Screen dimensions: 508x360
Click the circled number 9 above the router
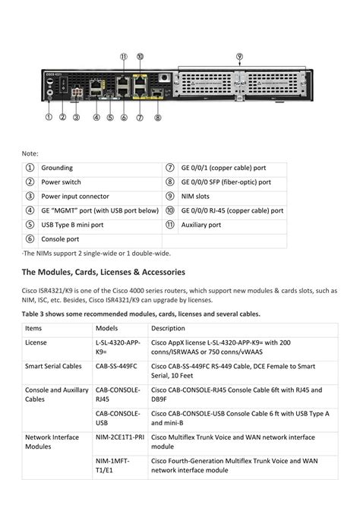[239, 56]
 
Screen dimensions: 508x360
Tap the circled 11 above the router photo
[124, 56]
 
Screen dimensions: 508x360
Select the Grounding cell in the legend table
[57, 168]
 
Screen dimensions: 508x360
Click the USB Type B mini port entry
[72, 225]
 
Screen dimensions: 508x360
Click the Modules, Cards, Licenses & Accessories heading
[103, 272]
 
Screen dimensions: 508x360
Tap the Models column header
[107, 328]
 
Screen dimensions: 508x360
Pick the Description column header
[168, 328]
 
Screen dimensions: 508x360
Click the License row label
[36, 343]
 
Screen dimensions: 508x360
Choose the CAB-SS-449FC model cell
[116, 365]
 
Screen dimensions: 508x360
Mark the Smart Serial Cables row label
[53, 365]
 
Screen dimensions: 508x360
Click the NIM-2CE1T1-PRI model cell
[119, 437]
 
